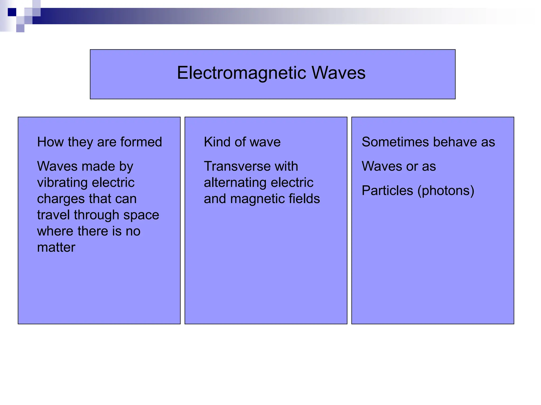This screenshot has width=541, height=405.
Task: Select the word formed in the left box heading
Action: pos(141,142)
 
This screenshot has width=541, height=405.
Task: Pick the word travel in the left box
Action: pos(53,215)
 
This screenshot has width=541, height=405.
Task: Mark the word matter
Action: pos(56,248)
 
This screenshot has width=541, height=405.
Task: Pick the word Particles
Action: pos(387,191)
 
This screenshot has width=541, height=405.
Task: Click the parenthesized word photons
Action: pos(446,191)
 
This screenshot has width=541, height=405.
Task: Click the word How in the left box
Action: pos(50,142)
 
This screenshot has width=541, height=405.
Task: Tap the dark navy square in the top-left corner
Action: pos(12,12)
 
